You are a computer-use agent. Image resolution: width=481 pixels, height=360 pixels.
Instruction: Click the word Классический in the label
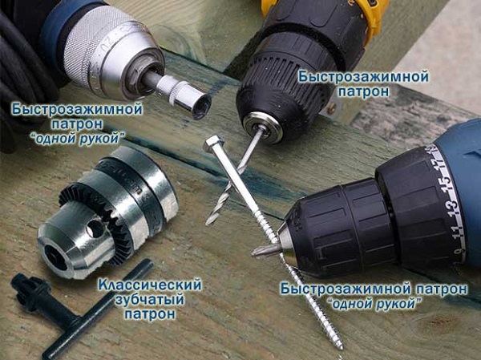pyautogui.click(x=149, y=285)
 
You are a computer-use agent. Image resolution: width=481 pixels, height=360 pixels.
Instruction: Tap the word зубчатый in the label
pyautogui.click(x=149, y=299)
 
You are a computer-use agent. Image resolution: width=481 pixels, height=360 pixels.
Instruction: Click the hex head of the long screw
pyautogui.click(x=213, y=144)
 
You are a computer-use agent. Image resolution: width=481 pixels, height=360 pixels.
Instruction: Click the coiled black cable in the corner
pyautogui.click(x=20, y=64)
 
